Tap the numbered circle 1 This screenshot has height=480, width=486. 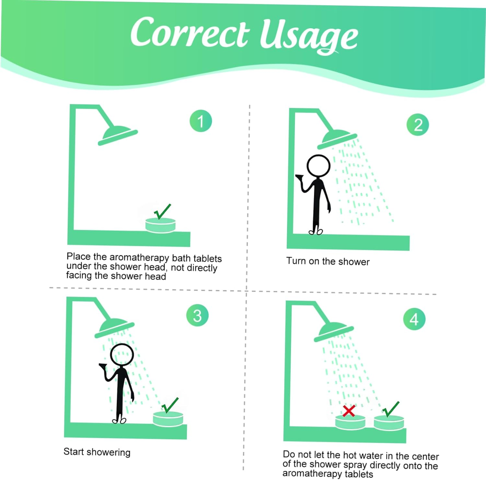tap(201, 121)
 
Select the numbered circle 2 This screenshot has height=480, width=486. tap(418, 125)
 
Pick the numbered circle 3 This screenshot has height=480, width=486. tap(197, 315)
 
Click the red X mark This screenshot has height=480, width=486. tap(349, 411)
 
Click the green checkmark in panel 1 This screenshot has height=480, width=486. tap(162, 212)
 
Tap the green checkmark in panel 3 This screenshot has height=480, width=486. tap(170, 405)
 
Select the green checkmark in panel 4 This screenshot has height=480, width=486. tap(390, 409)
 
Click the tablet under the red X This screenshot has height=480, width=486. tap(350, 422)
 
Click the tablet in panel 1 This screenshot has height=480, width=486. tap(160, 225)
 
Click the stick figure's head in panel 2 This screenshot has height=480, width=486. tap(318, 166)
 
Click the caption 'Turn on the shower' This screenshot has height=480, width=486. tap(328, 261)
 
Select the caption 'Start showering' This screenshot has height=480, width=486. tap(97, 452)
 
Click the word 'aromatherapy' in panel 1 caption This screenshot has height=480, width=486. tap(139, 258)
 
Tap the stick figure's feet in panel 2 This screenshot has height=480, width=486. tap(316, 231)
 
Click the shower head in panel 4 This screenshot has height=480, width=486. tap(333, 332)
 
